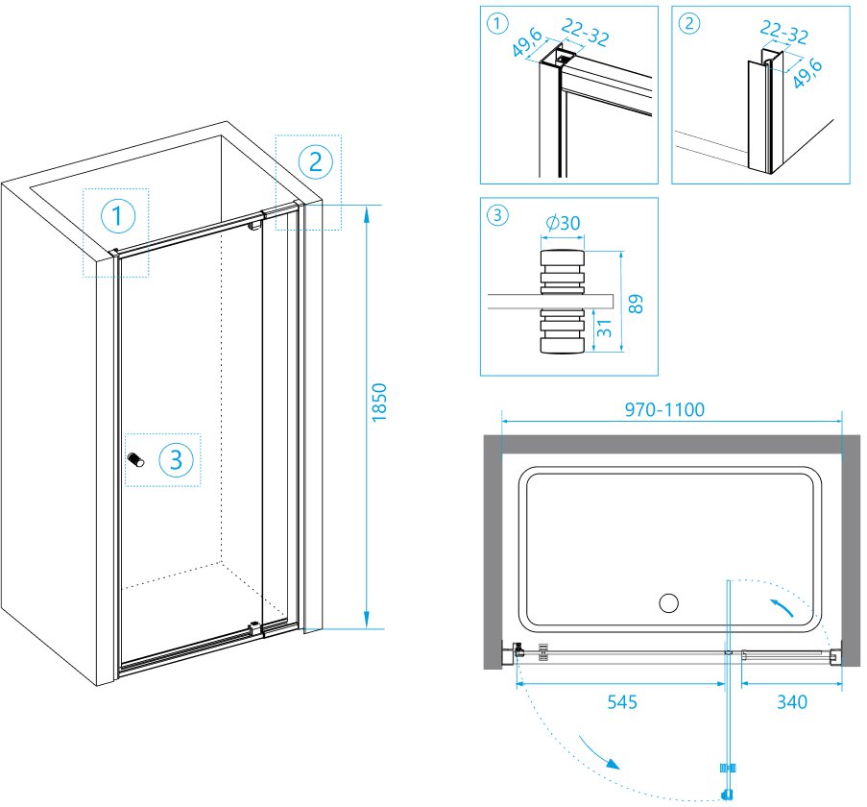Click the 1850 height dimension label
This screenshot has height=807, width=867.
378,403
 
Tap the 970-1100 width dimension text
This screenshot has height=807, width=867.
664,410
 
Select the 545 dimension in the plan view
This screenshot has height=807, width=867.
622,702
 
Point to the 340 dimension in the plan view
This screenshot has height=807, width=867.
792,702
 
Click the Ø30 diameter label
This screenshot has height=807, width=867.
563,223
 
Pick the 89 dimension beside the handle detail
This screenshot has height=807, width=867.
636,304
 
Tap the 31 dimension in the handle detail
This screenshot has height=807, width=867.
605,328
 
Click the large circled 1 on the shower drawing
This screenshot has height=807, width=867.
118,216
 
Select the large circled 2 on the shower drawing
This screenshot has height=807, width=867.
315,162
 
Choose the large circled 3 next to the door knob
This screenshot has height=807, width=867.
176,459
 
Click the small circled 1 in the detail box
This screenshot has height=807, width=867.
497,24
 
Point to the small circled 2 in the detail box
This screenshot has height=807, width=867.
689,24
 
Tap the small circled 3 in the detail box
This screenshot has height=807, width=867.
497,214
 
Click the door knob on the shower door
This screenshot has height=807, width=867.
135,459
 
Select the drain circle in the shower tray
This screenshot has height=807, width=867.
668,602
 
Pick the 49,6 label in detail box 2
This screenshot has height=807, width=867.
807,73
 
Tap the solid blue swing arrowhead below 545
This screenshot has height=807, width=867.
613,764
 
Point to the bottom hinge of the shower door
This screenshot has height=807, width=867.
254,627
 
